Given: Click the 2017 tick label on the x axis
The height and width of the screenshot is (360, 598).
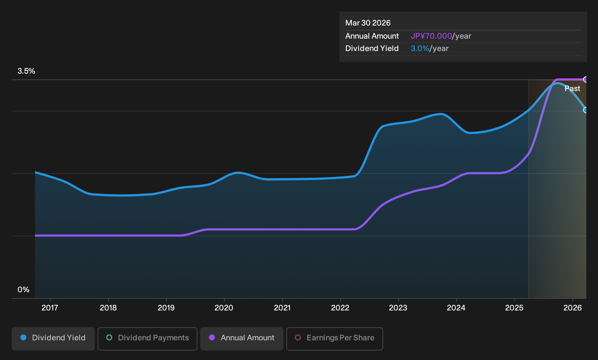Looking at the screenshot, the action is point(50,308).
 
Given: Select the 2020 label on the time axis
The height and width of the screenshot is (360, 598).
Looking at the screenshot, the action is point(224,308).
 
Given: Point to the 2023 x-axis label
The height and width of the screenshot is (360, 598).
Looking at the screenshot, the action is point(398,308).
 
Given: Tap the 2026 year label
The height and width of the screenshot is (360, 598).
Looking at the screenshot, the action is point(573,308).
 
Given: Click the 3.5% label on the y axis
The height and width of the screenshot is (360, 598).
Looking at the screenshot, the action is point(27,71).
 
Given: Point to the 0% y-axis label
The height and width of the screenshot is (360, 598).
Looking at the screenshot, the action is point(24,290).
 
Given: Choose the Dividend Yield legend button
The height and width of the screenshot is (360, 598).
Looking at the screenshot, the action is point(53,339).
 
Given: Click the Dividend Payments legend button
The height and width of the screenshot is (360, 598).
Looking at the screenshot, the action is point(147,339).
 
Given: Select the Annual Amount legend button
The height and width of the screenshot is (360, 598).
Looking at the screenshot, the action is point(241,339).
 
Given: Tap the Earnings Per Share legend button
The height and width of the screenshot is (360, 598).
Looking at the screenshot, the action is point(334,339).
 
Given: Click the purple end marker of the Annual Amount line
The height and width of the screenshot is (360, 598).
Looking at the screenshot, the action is point(586,79).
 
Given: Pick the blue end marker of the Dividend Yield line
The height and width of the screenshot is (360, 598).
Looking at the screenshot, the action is point(586,110).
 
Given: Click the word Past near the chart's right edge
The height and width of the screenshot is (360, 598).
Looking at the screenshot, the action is point(573,89).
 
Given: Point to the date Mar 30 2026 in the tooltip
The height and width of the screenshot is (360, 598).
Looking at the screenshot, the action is point(368,23).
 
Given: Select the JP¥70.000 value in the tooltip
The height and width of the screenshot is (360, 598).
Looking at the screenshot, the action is point(431,36).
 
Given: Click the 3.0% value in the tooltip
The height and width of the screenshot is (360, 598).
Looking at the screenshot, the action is point(420,48).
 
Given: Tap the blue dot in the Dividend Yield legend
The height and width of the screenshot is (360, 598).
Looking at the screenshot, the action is point(24,337).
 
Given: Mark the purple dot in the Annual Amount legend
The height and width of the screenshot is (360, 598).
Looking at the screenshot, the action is point(212,337).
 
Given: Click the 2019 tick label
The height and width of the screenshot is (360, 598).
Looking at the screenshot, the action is point(166,308).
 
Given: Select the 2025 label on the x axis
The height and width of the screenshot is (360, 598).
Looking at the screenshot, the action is point(515,308).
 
